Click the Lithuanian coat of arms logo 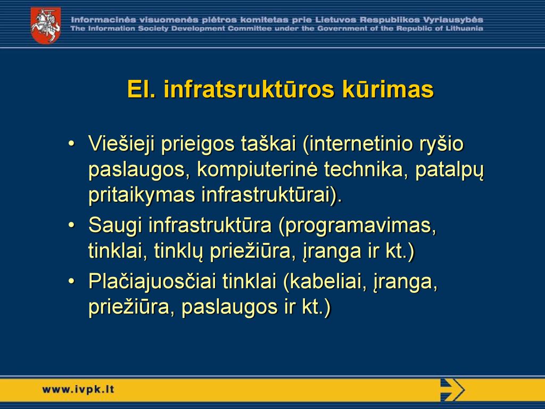pyautogui.click(x=46, y=26)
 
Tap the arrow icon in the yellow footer pyautogui.click(x=452, y=389)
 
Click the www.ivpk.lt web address pyautogui.click(x=78, y=389)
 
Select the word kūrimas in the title pyautogui.click(x=388, y=89)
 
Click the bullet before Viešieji pyautogui.click(x=71, y=143)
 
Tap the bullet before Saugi pyautogui.click(x=71, y=225)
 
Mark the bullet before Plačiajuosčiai pyautogui.click(x=71, y=281)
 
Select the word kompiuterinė pyautogui.click(x=257, y=170)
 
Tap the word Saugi pyautogui.click(x=115, y=226)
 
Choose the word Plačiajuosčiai pyautogui.click(x=152, y=282)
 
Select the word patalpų pyautogui.click(x=449, y=170)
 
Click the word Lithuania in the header pyautogui.click(x=464, y=29)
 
